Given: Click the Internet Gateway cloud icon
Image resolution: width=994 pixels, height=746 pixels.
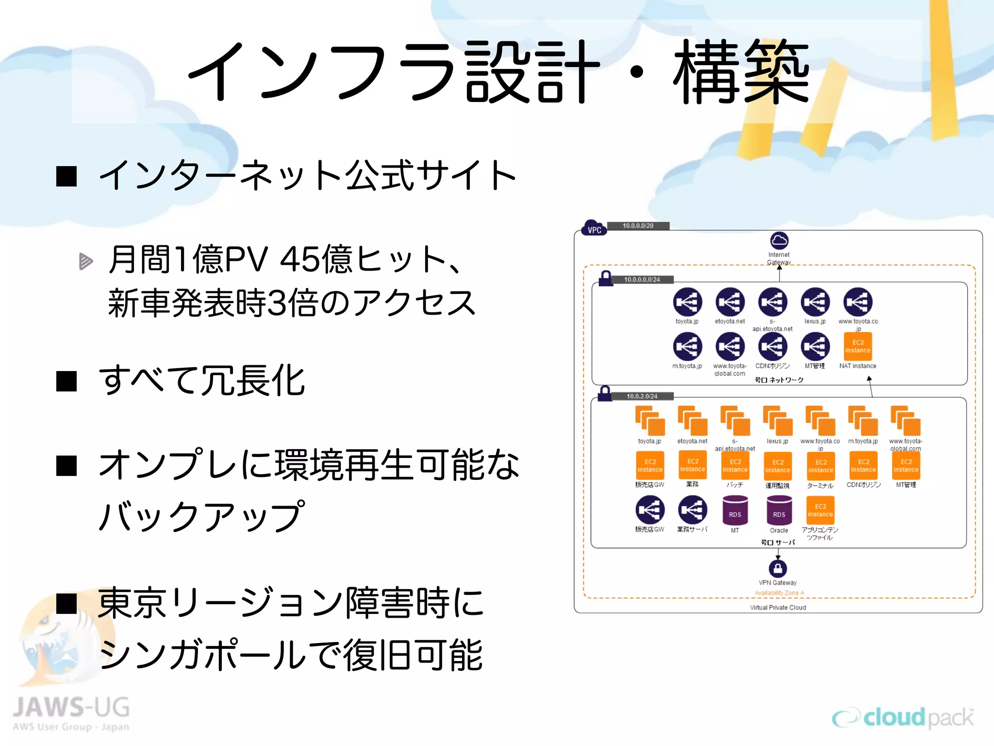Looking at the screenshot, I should [779, 240].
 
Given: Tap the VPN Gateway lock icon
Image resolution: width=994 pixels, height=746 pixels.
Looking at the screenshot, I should [778, 568].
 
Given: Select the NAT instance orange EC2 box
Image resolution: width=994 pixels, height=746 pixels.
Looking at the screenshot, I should [858, 346].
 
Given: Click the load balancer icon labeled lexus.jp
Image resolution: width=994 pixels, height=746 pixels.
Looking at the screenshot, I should [815, 302].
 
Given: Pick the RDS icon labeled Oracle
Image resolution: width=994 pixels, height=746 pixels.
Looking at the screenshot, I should [779, 510].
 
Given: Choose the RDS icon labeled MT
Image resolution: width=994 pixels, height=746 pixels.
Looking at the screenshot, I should [735, 510].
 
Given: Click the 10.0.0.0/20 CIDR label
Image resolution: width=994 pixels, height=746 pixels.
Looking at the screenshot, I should [638, 226].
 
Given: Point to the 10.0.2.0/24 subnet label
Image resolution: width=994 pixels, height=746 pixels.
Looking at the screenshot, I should [642, 396].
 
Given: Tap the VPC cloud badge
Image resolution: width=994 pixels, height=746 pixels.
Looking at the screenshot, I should [594, 228].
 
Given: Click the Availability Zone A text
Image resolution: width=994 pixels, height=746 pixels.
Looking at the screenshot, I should [779, 593].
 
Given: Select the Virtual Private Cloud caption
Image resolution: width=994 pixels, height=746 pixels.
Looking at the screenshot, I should [778, 608].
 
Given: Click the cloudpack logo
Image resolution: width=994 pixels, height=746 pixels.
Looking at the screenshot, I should [903, 718].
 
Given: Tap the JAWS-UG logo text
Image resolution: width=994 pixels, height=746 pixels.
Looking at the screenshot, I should [71, 707].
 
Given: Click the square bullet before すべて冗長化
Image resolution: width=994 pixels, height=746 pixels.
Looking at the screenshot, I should [66, 381].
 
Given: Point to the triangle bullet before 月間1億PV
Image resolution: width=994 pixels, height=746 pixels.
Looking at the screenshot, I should [85, 261].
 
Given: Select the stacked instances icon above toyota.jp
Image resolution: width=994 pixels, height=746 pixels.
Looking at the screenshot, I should [649, 421].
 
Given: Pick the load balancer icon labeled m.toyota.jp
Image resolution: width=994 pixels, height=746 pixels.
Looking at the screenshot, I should [687, 347].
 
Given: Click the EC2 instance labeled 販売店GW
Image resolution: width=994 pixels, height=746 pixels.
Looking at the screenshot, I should [649, 465].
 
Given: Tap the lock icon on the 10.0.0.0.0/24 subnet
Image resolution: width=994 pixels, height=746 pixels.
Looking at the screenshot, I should [605, 278].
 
